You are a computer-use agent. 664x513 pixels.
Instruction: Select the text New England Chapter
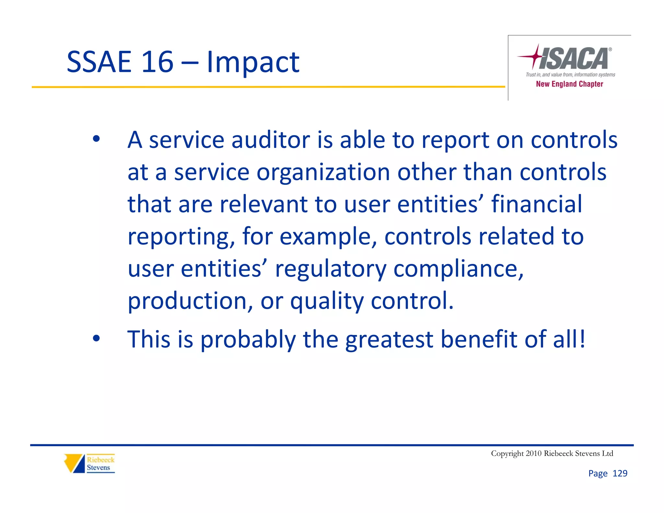click(x=569, y=84)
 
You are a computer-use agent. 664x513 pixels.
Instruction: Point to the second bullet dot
click(x=96, y=339)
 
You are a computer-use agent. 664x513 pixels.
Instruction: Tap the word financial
click(x=537, y=204)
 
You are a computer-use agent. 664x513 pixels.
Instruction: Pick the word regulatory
click(x=330, y=269)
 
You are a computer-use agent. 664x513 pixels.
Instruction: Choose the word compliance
click(x=458, y=269)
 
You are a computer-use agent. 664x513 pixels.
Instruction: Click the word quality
click(x=326, y=302)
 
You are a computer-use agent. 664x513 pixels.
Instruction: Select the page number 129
click(x=620, y=473)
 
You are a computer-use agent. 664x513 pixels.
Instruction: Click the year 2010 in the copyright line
click(x=534, y=453)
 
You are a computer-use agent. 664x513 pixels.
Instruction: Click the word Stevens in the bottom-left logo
click(x=98, y=468)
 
